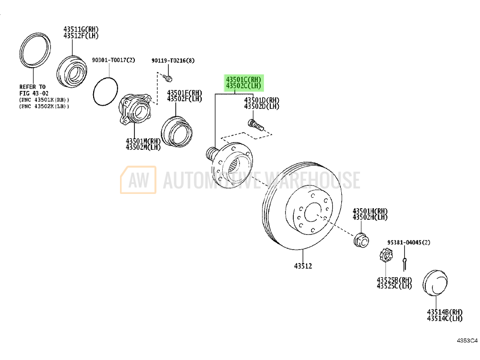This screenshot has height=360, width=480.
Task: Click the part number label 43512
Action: [303, 265]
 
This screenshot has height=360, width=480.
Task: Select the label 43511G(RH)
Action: [80, 29]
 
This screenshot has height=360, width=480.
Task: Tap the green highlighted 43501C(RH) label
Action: [243, 79]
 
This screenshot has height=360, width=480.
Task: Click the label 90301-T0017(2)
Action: [113, 60]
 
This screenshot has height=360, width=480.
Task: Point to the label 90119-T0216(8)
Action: [173, 60]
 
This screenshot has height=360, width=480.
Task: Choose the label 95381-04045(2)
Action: [408, 243]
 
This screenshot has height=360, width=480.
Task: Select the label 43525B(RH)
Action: [394, 280]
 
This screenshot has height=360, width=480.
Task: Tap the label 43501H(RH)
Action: [370, 211]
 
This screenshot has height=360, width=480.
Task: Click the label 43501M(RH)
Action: [143, 141]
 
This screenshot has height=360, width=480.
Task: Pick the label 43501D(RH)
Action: [262, 100]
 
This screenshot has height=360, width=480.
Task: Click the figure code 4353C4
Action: [467, 341]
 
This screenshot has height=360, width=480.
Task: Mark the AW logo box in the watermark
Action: [138, 180]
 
